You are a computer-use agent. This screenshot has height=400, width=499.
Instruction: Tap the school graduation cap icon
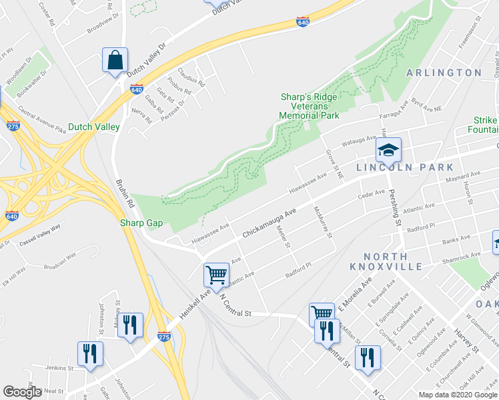pos(387,153)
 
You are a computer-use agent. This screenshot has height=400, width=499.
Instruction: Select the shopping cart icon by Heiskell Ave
pos(216,275)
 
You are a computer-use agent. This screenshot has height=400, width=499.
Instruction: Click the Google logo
pos(22,392)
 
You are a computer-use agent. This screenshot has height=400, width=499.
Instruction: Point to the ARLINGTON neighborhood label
pos(444,73)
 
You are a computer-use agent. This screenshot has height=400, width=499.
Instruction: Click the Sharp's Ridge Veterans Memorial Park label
pos(309,107)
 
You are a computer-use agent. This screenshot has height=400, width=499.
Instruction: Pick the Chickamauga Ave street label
pos(268,224)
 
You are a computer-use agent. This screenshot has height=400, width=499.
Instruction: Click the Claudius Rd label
pos(191,77)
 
